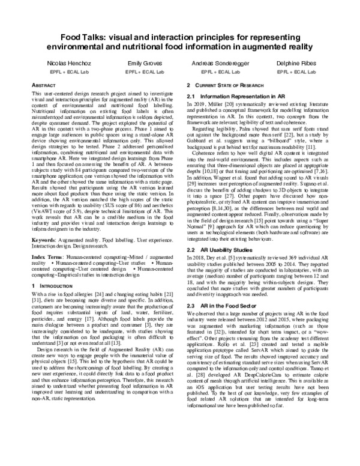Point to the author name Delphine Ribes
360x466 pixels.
[x=295, y=63]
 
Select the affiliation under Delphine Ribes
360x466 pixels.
[x=295, y=71]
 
